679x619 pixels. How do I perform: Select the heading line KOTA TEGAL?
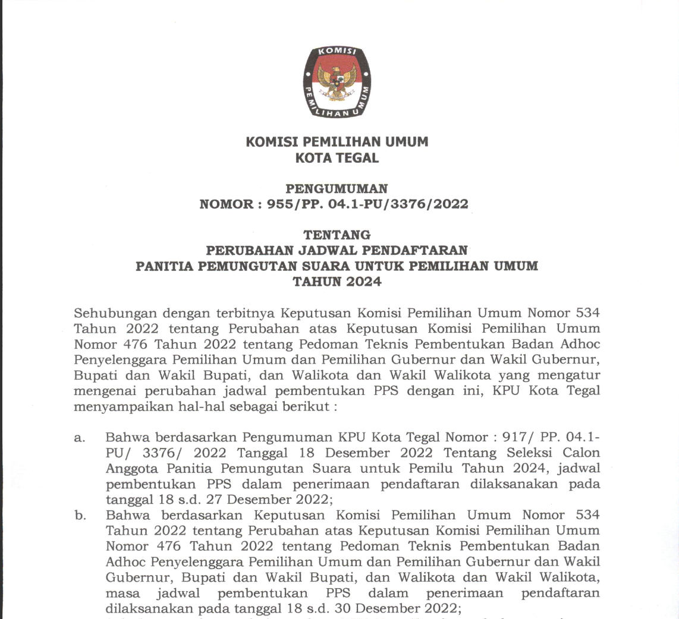point(337,158)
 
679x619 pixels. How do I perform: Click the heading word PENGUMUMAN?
point(337,189)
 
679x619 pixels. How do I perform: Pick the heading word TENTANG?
point(337,235)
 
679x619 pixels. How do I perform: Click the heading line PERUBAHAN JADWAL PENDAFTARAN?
point(337,250)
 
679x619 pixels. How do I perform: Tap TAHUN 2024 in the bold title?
point(337,282)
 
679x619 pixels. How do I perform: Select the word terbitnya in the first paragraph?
point(241,312)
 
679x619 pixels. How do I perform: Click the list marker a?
point(78,438)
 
